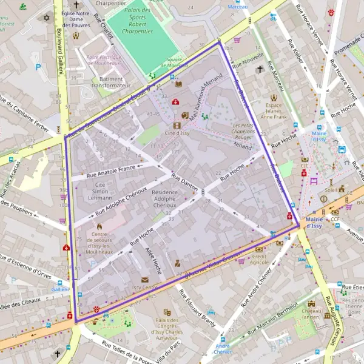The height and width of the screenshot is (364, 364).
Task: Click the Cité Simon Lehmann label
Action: click(100, 190)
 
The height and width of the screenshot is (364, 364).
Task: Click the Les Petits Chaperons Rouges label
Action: click(243, 131)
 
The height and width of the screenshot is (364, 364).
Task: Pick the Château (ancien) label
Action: click(311, 314)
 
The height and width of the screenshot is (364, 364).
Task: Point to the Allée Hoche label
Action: click(153, 260)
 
